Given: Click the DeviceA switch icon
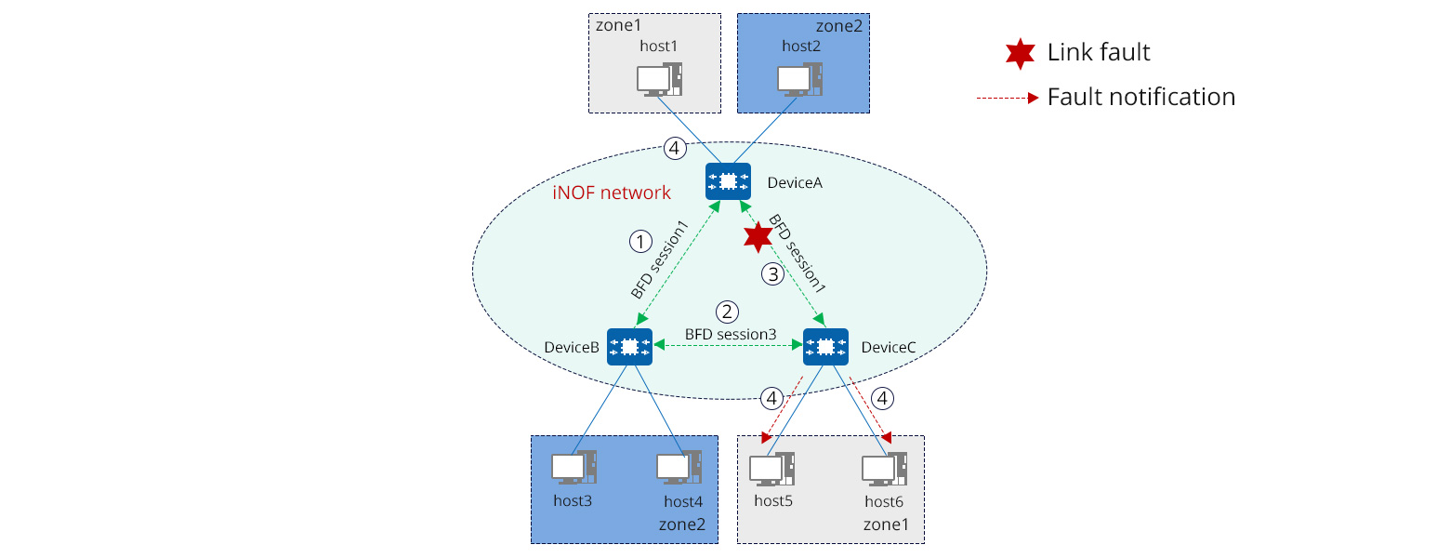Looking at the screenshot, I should pos(728,181).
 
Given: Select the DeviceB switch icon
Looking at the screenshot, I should pos(629,346).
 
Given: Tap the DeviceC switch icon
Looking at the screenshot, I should pos(825,346).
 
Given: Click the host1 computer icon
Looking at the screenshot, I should pos(660,80).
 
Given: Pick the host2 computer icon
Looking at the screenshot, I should pos(799,80).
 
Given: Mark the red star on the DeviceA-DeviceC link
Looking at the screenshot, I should pos(758,237).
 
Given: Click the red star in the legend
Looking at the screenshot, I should pos(1020,54).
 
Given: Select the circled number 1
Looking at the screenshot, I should pos(639,242).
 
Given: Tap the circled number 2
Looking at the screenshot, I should pos(727,312).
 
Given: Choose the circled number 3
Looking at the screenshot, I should pos(773,274).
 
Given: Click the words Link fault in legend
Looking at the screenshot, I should pos(1099,53).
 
